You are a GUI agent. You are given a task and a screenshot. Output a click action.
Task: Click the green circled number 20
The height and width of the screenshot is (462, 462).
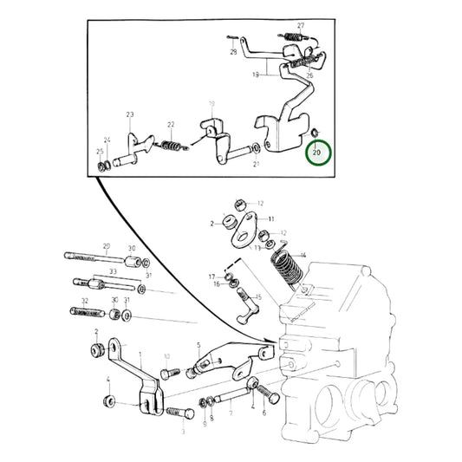pos(316,153)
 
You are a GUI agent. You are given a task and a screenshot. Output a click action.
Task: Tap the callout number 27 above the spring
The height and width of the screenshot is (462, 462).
pos(301,25)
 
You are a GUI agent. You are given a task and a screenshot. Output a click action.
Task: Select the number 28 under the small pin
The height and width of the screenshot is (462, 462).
pos(233,53)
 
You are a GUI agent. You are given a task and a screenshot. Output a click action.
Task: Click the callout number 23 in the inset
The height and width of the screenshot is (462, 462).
pos(130,114)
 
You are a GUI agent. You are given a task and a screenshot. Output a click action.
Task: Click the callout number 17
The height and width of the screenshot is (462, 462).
pos(211,276)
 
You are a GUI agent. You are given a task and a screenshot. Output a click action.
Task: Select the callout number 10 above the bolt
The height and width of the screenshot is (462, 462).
pos(166,356)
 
